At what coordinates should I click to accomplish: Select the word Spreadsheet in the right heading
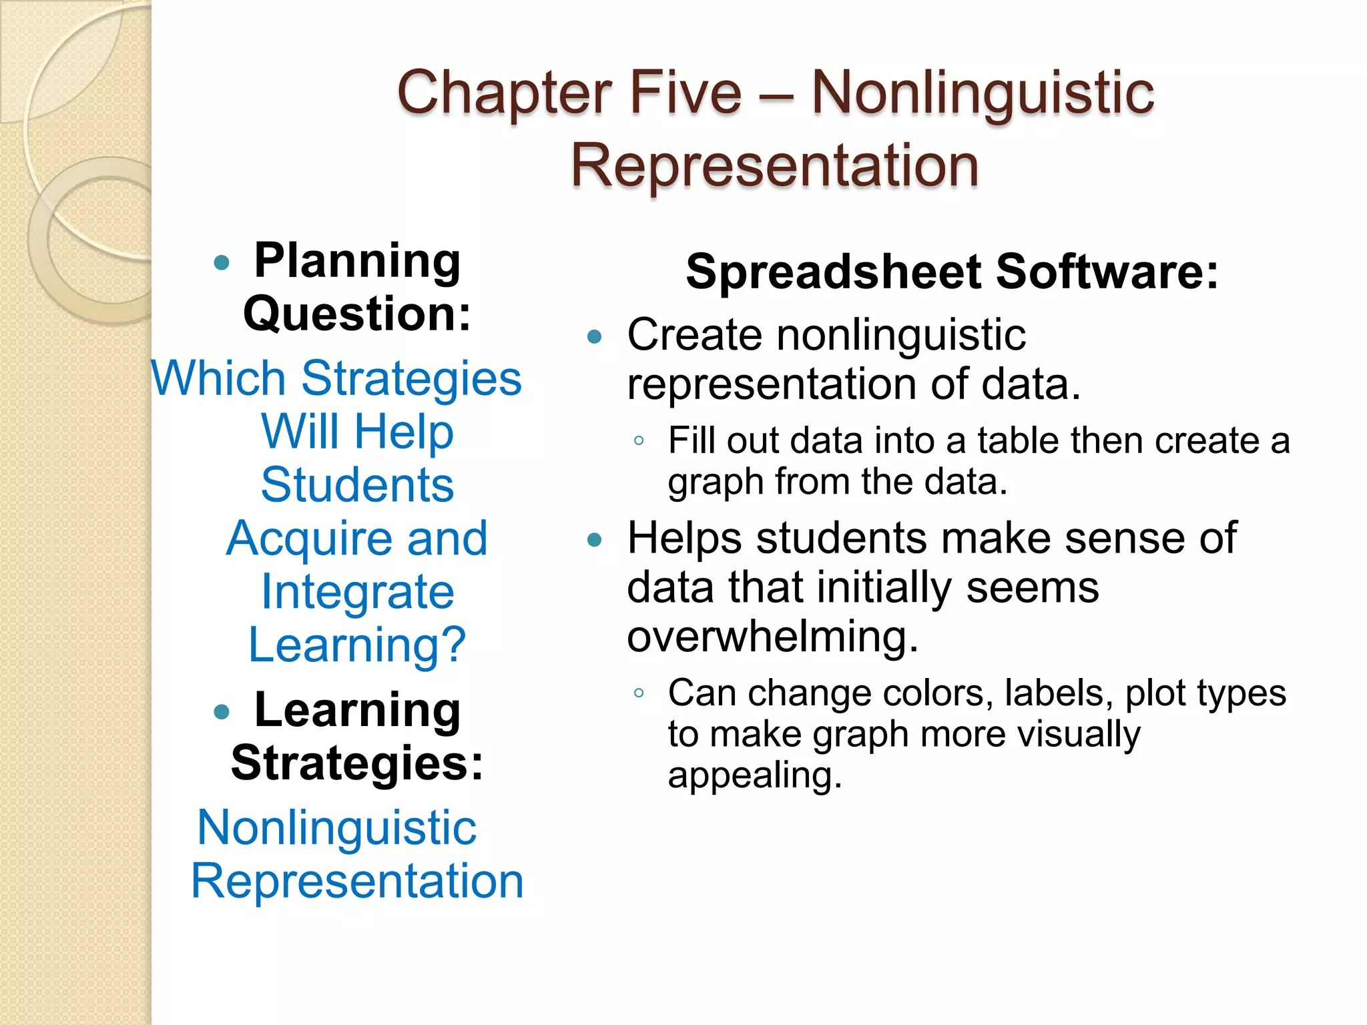[x=834, y=272]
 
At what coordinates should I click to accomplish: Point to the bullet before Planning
[x=222, y=262]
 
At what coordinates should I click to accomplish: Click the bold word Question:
[x=357, y=314]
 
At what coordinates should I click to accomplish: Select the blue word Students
[x=357, y=484]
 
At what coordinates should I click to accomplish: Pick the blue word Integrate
[x=357, y=592]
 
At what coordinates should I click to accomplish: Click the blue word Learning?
[x=357, y=645]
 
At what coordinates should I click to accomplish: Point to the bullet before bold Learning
[x=222, y=712]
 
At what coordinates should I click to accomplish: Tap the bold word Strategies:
[x=357, y=763]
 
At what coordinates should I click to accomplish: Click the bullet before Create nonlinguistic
[x=594, y=336]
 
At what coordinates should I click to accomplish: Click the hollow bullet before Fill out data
[x=639, y=440]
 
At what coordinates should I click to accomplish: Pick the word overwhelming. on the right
[x=773, y=637]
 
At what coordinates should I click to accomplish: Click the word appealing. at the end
[x=755, y=776]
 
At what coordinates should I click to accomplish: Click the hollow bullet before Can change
[x=639, y=693]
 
